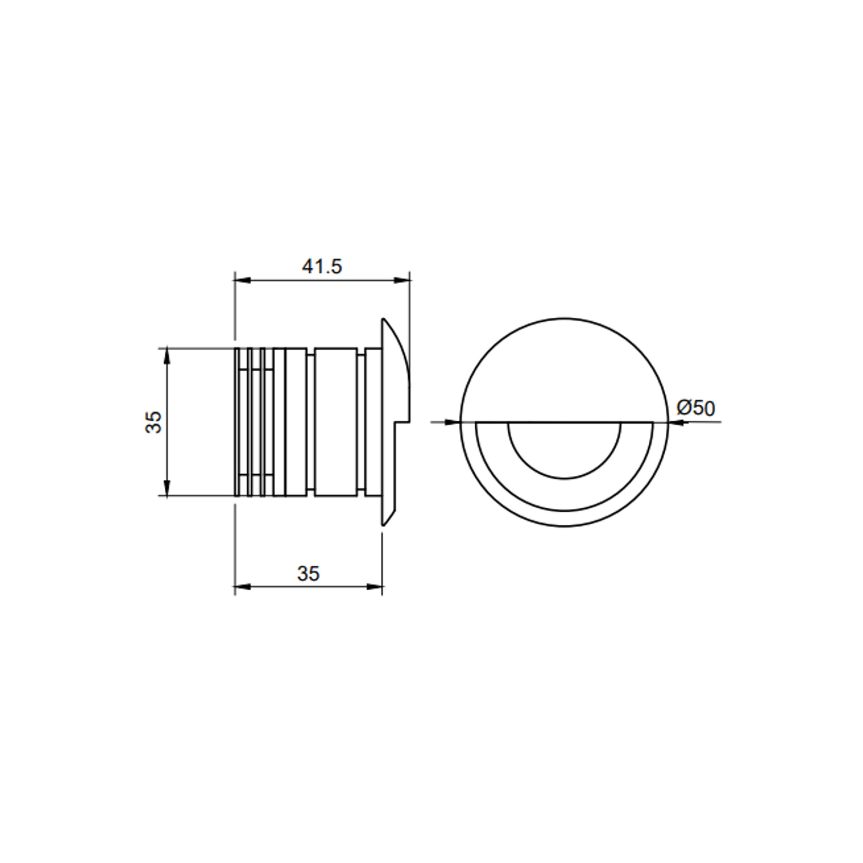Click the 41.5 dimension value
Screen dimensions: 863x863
coord(322,266)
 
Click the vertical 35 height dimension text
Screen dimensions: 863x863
coord(153,422)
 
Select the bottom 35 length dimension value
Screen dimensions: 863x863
coord(308,574)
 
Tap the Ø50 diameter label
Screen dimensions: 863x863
coord(696,408)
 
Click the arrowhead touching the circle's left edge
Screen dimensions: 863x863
coord(453,422)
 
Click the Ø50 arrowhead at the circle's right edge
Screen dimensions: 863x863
coord(676,423)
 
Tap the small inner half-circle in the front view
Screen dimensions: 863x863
coord(564,448)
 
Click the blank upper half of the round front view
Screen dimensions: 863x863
coord(564,371)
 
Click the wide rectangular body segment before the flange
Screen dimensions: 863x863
coord(336,422)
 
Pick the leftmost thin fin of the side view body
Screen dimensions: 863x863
coord(237,422)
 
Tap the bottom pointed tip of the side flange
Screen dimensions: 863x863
coord(384,524)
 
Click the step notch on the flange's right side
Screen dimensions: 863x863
coord(403,422)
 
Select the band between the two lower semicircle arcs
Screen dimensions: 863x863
coord(564,494)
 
